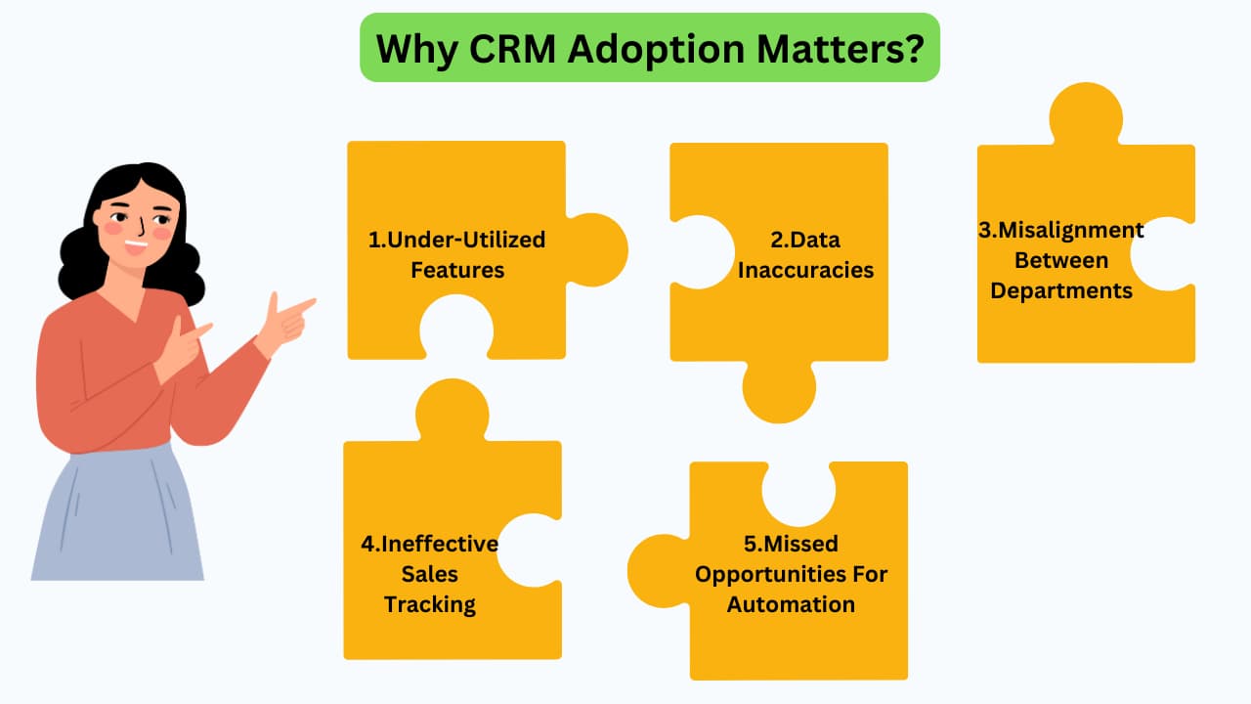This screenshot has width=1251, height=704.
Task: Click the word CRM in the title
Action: [512, 49]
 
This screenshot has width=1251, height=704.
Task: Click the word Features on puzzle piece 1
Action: [457, 270]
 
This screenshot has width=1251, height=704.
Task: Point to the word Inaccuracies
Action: [805, 270]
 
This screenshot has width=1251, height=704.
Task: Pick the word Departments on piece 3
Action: [1061, 291]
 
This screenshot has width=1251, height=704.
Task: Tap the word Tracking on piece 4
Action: [429, 605]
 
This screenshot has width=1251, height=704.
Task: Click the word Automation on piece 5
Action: [791, 604]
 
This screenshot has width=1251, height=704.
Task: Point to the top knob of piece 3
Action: [1086, 115]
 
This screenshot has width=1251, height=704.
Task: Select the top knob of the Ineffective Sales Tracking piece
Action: [453, 412]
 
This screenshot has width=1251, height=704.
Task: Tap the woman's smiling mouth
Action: [136, 245]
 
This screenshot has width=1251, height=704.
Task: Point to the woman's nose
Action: [142, 228]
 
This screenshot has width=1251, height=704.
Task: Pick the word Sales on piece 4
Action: [429, 574]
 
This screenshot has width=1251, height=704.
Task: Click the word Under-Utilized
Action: [466, 240]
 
